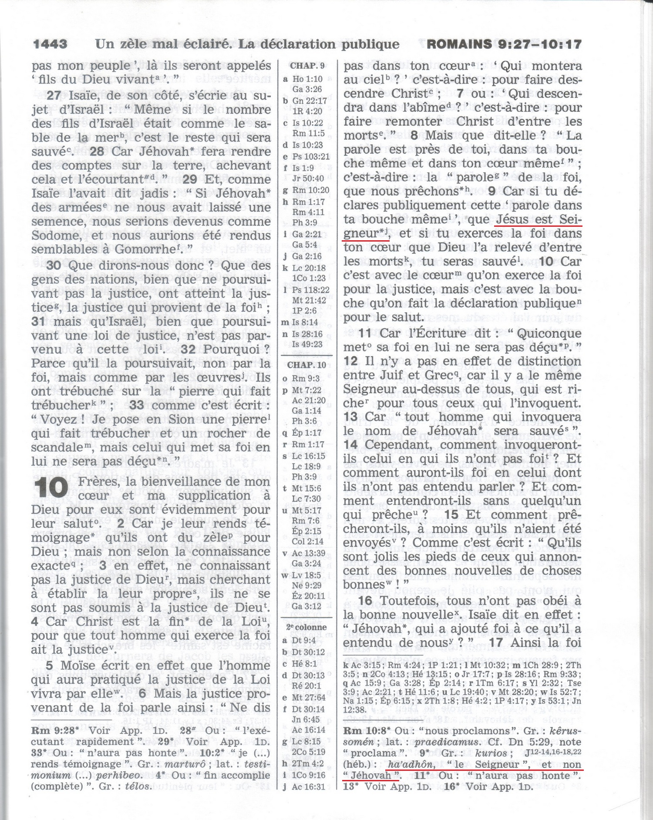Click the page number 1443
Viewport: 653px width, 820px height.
click(50, 44)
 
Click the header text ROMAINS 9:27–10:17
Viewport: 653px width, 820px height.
click(504, 44)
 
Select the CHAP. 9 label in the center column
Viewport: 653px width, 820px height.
click(308, 66)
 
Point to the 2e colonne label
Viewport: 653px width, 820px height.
click(306, 627)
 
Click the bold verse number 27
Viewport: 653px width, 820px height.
click(54, 96)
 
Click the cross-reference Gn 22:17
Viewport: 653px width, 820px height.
click(310, 101)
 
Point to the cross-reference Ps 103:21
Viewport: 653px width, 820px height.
click(311, 156)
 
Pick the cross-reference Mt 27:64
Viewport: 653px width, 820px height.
click(309, 697)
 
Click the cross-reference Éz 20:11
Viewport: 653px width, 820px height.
click(309, 596)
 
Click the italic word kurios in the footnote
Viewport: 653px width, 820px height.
click(491, 753)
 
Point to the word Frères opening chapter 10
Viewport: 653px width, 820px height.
click(99, 482)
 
